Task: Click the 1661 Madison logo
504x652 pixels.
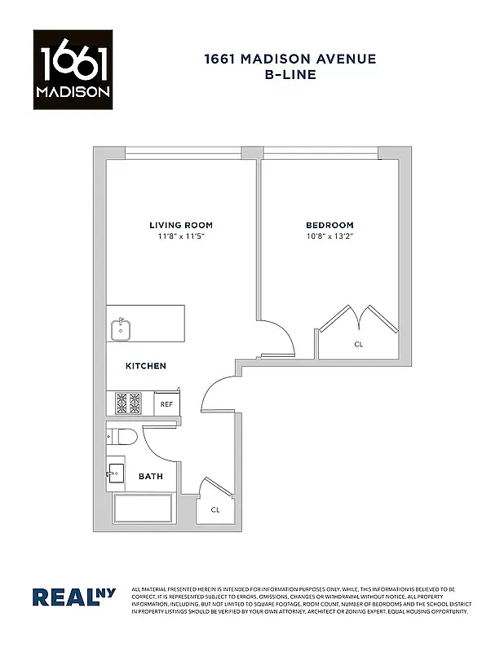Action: point(72,69)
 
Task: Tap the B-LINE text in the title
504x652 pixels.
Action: point(290,74)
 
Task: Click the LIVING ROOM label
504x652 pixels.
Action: point(180,225)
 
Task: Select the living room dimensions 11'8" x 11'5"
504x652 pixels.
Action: point(180,236)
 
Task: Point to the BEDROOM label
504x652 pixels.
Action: point(329,225)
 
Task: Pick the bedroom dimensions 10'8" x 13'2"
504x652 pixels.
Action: point(329,236)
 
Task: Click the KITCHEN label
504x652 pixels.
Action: point(145,366)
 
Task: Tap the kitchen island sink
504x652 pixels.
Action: point(121,328)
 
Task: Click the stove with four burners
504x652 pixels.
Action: point(128,403)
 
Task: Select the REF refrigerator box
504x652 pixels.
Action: point(166,403)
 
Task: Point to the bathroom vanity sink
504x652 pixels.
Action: point(116,473)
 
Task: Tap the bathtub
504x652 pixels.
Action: point(144,509)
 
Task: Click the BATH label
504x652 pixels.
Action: point(149,477)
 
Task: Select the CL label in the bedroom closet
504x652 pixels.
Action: point(358,345)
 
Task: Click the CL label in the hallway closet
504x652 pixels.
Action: point(215,510)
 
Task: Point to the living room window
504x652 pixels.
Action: point(183,151)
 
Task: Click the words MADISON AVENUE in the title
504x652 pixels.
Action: point(314,58)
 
